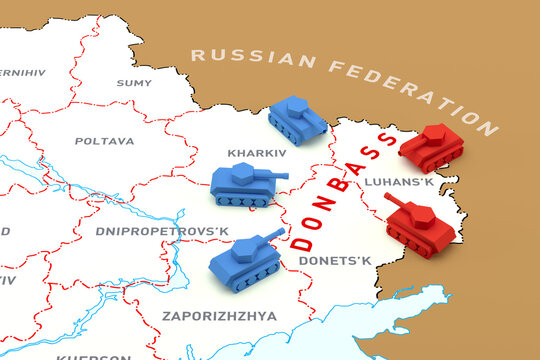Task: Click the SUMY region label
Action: [x=133, y=83]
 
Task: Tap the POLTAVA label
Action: [x=104, y=141]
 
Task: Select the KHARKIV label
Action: [x=256, y=153]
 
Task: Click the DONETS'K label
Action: [x=334, y=261]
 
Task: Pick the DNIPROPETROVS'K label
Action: [x=162, y=231]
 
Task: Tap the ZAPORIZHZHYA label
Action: [x=219, y=315]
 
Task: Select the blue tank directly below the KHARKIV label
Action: [x=246, y=186]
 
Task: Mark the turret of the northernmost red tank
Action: [x=437, y=135]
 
